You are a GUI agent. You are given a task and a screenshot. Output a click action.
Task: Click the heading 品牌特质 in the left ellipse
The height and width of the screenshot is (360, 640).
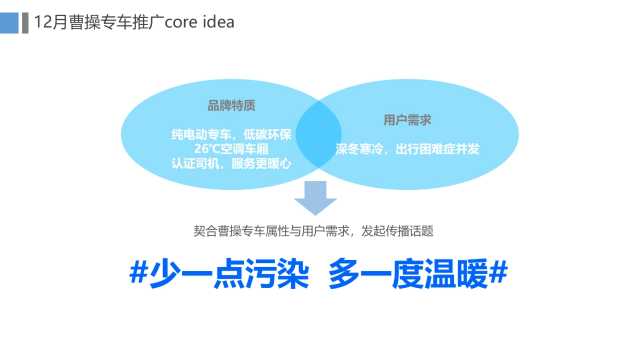[231, 106]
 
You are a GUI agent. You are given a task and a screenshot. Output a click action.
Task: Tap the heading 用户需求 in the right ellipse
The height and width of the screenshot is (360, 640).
[407, 120]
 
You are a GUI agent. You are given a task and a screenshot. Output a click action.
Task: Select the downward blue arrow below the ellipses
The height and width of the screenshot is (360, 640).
[315, 198]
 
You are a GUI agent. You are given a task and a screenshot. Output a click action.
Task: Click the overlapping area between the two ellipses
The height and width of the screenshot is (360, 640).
[319, 133]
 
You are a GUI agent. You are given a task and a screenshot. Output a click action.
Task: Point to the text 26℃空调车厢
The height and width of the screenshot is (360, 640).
[231, 149]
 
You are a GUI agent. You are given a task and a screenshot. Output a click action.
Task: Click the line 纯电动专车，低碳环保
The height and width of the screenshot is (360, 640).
[231, 134]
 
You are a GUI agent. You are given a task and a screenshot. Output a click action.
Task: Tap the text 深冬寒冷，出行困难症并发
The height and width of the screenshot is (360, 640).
[407, 149]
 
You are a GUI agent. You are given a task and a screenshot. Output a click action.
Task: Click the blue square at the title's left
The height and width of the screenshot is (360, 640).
[9, 23]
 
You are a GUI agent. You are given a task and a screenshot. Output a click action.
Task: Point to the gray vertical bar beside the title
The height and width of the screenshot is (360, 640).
[25, 23]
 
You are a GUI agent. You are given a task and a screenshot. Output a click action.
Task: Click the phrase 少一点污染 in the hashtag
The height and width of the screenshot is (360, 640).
[229, 275]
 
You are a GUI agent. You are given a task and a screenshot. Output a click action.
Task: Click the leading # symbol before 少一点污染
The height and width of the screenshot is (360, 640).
[139, 275]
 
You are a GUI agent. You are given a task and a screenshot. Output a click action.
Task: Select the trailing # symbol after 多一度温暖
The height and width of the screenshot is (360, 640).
[498, 275]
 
